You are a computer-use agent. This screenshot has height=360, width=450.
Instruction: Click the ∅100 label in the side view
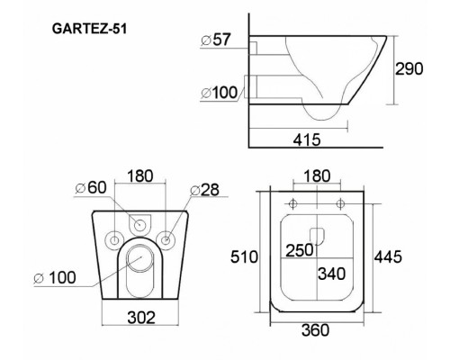220,92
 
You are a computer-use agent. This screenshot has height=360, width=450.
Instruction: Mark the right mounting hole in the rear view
167,238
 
